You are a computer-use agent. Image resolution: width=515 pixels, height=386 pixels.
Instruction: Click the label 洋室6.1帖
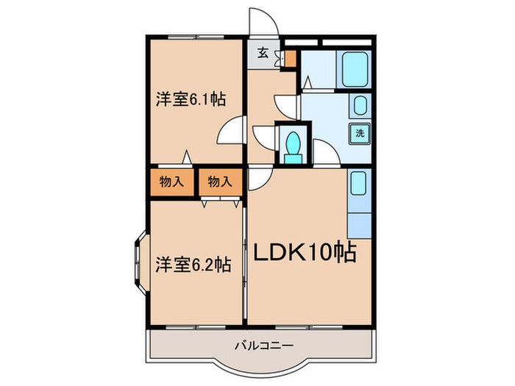190,101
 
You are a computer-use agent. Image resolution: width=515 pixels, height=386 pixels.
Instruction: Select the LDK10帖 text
305,253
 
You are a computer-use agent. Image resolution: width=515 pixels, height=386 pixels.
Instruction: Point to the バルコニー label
264,344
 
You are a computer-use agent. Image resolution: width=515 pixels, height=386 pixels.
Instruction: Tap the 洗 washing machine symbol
360,134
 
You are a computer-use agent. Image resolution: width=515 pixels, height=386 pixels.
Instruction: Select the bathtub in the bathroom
355,71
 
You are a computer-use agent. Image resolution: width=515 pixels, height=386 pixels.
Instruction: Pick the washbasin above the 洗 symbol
360,107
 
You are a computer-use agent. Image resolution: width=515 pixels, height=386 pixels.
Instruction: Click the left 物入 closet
171,182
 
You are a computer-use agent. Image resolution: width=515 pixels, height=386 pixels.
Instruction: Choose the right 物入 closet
219,182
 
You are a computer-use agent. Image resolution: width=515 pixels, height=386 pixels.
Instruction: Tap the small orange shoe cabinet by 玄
289,57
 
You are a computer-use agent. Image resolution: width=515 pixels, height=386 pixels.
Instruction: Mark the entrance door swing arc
263,21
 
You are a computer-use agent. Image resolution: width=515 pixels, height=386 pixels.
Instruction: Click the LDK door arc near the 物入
259,178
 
